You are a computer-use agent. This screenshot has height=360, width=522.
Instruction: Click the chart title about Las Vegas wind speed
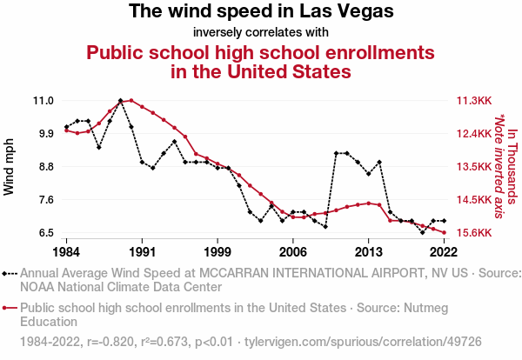(261, 12)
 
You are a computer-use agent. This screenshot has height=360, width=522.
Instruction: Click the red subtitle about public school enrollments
(261, 62)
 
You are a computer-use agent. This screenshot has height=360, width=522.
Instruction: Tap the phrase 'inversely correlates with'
(261, 33)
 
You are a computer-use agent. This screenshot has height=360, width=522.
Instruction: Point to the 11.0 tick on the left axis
(43, 101)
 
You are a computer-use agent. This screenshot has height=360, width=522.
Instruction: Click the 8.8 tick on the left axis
(43, 167)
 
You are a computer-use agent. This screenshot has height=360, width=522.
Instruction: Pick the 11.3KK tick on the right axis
(473, 101)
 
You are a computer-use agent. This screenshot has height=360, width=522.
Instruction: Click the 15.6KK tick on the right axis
(473, 233)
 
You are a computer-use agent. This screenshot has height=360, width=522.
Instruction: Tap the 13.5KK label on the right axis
(473, 167)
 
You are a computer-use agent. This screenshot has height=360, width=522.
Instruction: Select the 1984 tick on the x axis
(65, 252)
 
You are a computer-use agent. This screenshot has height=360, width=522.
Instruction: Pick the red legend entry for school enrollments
(261, 314)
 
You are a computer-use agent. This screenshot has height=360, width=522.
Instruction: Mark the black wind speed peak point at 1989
(120, 101)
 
